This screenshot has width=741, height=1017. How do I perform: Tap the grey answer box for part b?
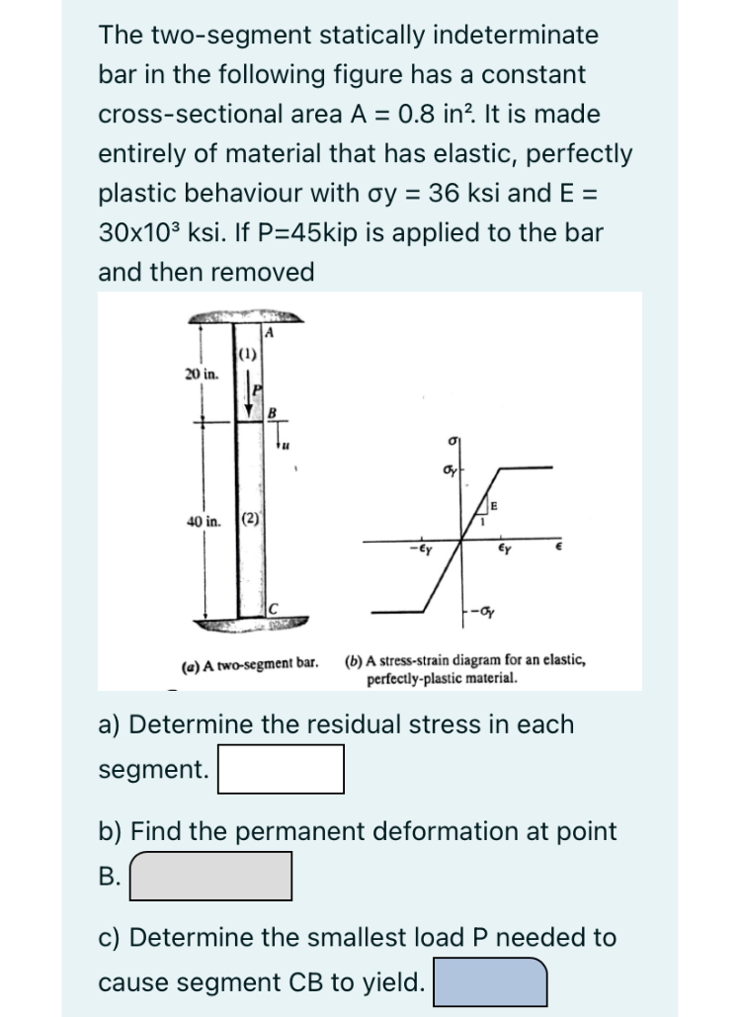click(211, 877)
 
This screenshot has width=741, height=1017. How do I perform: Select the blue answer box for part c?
click(491, 982)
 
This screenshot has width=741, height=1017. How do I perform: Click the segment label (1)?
click(248, 355)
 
